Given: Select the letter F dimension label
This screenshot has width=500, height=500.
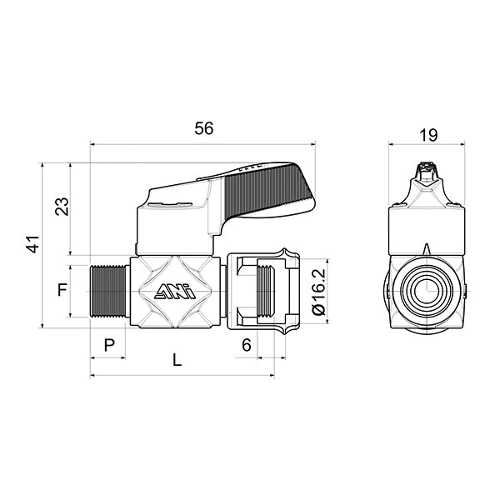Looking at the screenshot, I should [x=62, y=291].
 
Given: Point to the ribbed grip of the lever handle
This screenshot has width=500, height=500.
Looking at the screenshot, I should [x=271, y=188].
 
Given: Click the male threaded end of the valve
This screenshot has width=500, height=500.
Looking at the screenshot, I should [x=107, y=291].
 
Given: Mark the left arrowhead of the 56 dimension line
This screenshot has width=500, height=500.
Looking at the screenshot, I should [x=92, y=143].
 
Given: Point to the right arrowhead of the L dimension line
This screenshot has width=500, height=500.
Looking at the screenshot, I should [x=272, y=375].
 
